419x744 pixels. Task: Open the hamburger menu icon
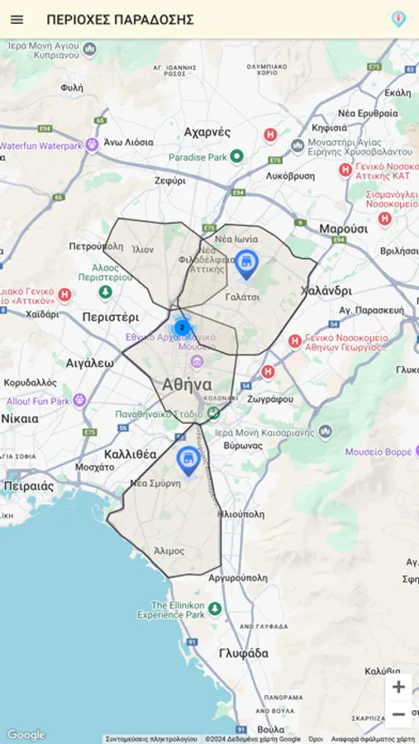pyautogui.click(x=17, y=19)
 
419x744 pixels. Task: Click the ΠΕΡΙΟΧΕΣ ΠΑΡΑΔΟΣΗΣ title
pyautogui.click(x=120, y=19)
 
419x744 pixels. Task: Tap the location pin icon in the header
pyautogui.click(x=398, y=19)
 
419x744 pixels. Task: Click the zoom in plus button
pyautogui.click(x=398, y=687)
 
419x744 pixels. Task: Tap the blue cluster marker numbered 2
pyautogui.click(x=182, y=327)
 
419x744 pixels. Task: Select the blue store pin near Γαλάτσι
pyautogui.click(x=246, y=265)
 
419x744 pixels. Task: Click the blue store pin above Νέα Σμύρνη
pyautogui.click(x=188, y=460)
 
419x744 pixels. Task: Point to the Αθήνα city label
pyautogui.click(x=187, y=384)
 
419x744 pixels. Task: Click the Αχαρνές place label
pyautogui.click(x=207, y=131)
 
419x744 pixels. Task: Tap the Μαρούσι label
pyautogui.click(x=343, y=228)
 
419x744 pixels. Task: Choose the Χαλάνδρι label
pyautogui.click(x=326, y=290)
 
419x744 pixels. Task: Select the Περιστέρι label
pyautogui.click(x=110, y=317)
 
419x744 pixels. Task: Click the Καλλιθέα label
pyautogui.click(x=131, y=454)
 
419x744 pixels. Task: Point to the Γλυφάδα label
pyautogui.click(x=244, y=653)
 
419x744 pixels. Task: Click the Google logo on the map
pyautogui.click(x=26, y=735)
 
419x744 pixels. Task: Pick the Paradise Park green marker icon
pyautogui.click(x=236, y=156)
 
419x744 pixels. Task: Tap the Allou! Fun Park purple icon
pyautogui.click(x=79, y=401)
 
